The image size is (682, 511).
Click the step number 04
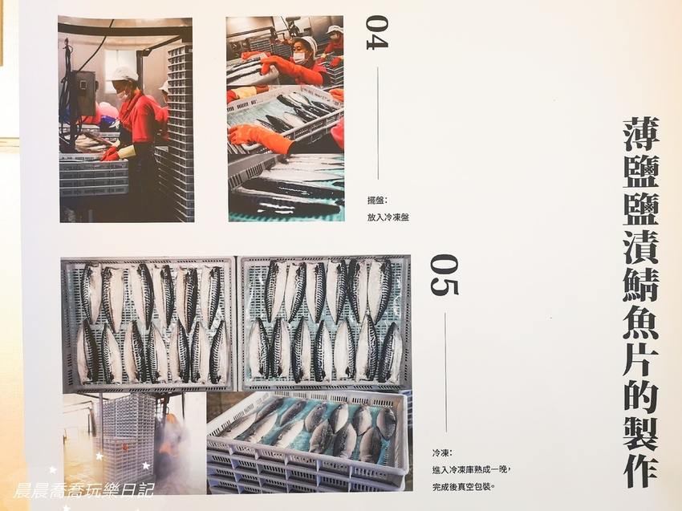coord(376,33)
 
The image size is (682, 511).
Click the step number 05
coord(444,275)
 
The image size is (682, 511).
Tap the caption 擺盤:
coord(376,201)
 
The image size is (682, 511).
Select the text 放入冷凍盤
coord(388,217)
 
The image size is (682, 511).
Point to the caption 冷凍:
coord(442,453)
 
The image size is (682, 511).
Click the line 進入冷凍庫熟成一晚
coord(470,470)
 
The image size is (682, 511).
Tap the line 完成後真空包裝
coord(464,487)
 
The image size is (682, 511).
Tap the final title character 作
coord(641,468)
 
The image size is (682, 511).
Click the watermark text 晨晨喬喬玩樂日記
coord(83,491)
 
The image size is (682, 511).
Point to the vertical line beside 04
coord(378,123)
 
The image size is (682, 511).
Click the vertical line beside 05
coord(445,371)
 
